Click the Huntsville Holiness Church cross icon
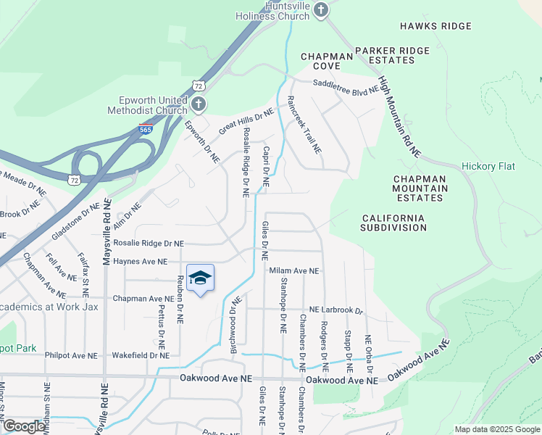(322, 11)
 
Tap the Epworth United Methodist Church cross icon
(199, 106)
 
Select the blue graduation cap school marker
(201, 278)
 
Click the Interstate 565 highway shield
(146, 130)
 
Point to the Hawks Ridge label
(435, 26)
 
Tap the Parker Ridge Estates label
(391, 55)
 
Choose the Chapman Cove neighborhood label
(326, 60)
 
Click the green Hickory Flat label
(488, 166)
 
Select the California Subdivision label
(394, 223)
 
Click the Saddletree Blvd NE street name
(346, 86)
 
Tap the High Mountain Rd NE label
(399, 117)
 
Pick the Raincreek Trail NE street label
(304, 125)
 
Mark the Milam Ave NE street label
(294, 270)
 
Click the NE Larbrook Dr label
(335, 310)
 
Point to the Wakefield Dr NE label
(141, 355)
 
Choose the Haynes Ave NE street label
(141, 261)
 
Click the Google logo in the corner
(23, 426)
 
